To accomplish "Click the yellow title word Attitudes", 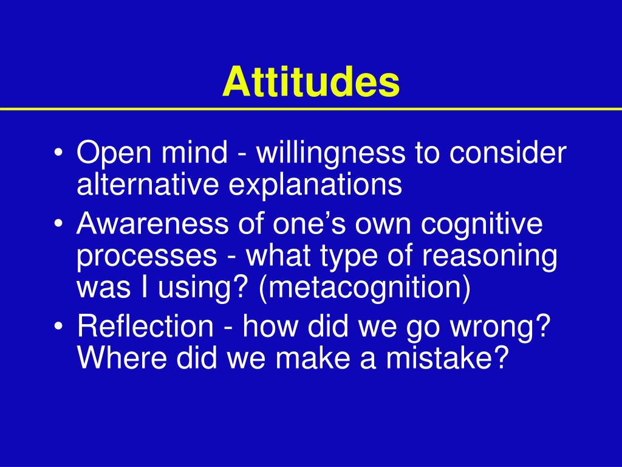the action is pyautogui.click(x=311, y=81).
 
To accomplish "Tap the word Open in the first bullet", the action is pyautogui.click(x=113, y=153).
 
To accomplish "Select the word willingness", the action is pyautogui.click(x=331, y=153).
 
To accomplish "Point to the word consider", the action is pyautogui.click(x=508, y=152).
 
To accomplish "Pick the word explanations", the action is pyautogui.click(x=315, y=184).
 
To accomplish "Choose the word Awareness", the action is pyautogui.click(x=152, y=224).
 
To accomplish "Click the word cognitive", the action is pyautogui.click(x=482, y=224).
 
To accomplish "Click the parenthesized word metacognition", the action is pyautogui.click(x=364, y=288).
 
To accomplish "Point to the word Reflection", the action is pyautogui.click(x=145, y=326).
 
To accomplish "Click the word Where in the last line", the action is pyautogui.click(x=121, y=357).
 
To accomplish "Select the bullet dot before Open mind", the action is pyautogui.click(x=59, y=153).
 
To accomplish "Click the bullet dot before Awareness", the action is pyautogui.click(x=59, y=224).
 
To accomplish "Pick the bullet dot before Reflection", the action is pyautogui.click(x=59, y=327).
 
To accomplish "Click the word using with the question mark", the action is pyautogui.click(x=205, y=289).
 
